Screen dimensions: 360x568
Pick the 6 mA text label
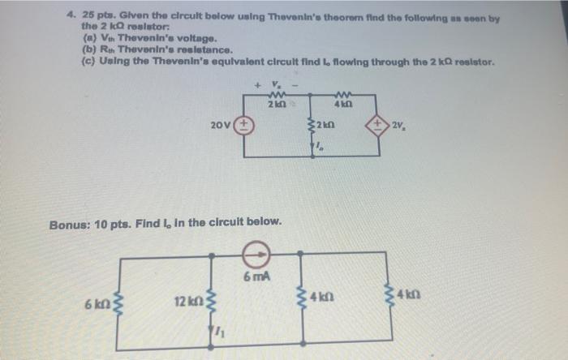256,278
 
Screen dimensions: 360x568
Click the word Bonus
71,221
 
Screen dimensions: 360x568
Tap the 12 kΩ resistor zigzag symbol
212,301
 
